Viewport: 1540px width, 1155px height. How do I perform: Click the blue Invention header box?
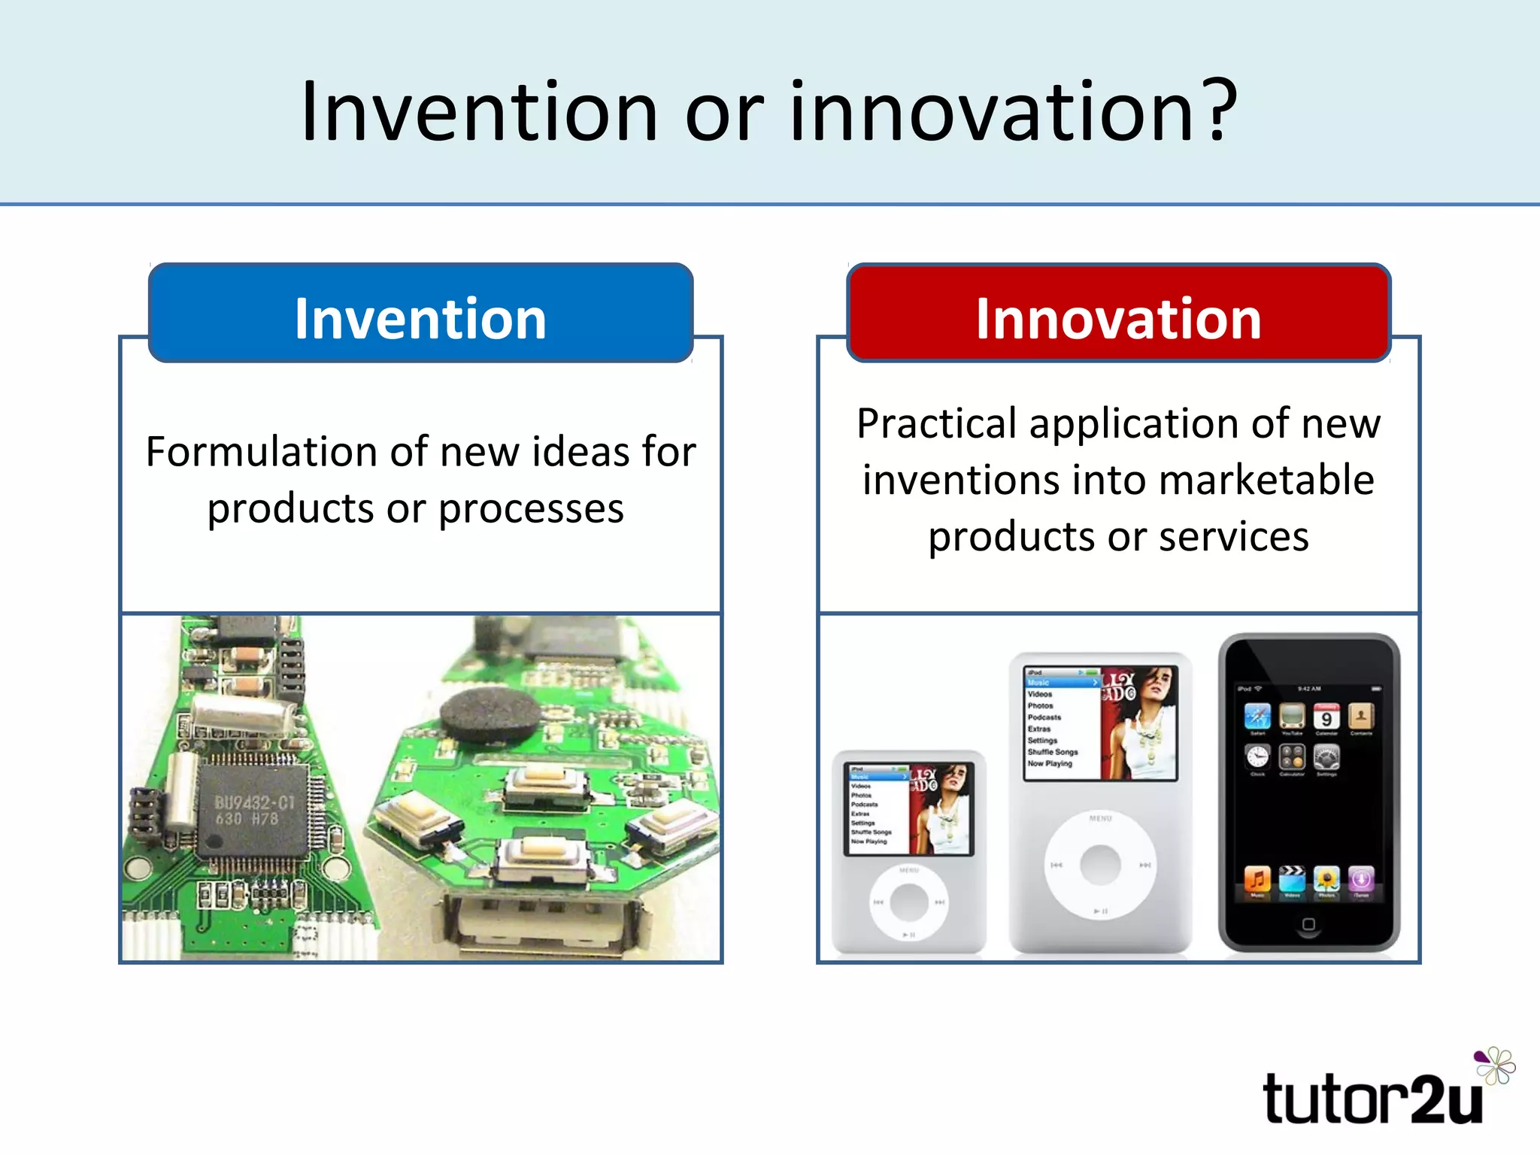(x=420, y=313)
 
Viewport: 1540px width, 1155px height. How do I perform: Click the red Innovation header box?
(x=1118, y=313)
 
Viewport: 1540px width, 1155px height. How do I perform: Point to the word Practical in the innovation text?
(x=936, y=423)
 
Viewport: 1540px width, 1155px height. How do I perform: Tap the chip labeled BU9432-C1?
(x=253, y=811)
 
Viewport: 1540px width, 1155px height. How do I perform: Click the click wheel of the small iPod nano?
(x=909, y=902)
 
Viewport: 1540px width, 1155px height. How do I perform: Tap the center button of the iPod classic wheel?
(x=1100, y=865)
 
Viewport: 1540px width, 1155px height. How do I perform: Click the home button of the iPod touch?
(x=1308, y=924)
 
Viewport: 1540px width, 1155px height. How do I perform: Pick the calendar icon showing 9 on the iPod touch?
(x=1326, y=717)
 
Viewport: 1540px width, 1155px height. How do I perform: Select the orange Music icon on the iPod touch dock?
(x=1257, y=878)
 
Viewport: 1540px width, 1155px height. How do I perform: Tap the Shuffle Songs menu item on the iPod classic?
(x=1053, y=752)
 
